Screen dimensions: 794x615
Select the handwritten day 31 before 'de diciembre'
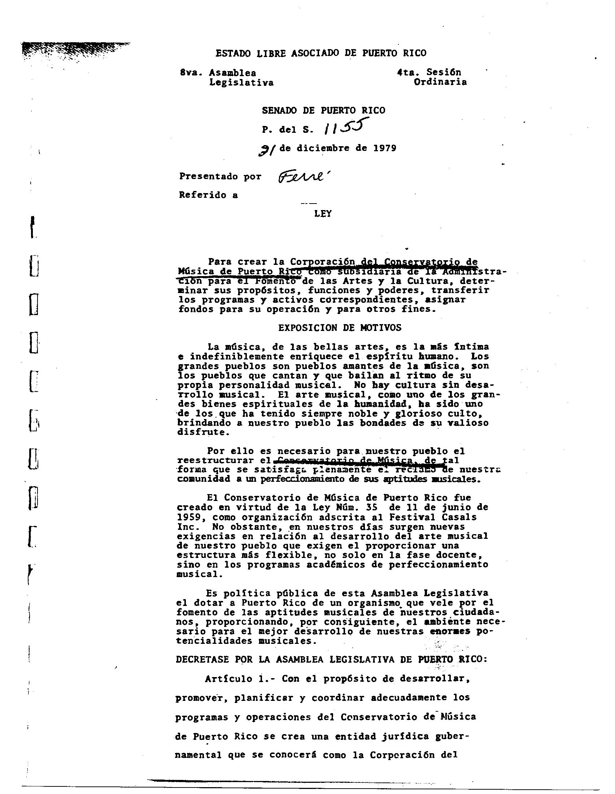266,149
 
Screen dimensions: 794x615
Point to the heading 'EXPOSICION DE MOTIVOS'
340,328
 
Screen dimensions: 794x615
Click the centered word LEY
323,214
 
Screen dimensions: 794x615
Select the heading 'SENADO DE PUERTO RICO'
323,110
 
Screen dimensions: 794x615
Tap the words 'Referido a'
208,195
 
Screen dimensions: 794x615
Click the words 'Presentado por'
220,177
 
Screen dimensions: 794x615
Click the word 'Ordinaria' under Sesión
440,82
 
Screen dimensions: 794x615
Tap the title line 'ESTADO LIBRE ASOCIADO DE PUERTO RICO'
320,53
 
